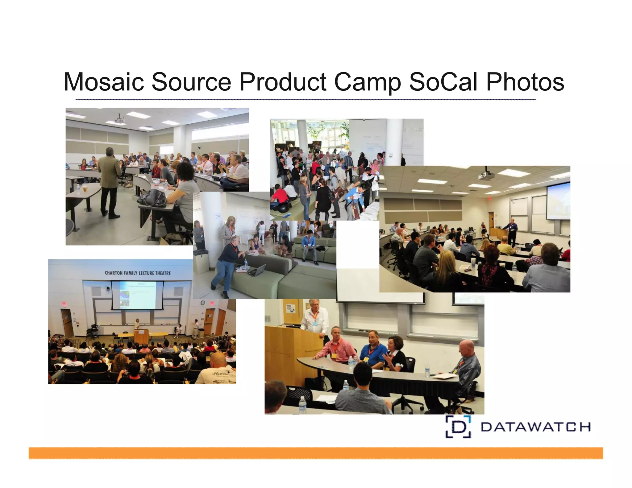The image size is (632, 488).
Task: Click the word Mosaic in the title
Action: pyautogui.click(x=104, y=82)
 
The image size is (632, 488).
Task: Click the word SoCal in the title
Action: pyautogui.click(x=443, y=82)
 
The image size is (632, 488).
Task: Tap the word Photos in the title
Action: pyautogui.click(x=525, y=82)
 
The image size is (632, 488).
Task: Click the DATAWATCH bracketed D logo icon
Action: pyautogui.click(x=458, y=427)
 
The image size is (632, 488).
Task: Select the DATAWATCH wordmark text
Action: pyautogui.click(x=535, y=427)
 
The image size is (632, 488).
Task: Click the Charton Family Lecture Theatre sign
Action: pyautogui.click(x=138, y=273)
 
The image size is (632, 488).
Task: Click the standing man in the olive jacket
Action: pyautogui.click(x=109, y=182)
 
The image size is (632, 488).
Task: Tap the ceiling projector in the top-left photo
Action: pyautogui.click(x=119, y=119)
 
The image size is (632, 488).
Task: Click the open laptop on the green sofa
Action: pyautogui.click(x=257, y=270)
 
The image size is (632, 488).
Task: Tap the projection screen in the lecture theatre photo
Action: pyautogui.click(x=137, y=295)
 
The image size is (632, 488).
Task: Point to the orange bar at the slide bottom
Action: pyautogui.click(x=316, y=453)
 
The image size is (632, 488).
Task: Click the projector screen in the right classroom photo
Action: pyautogui.click(x=558, y=201)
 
